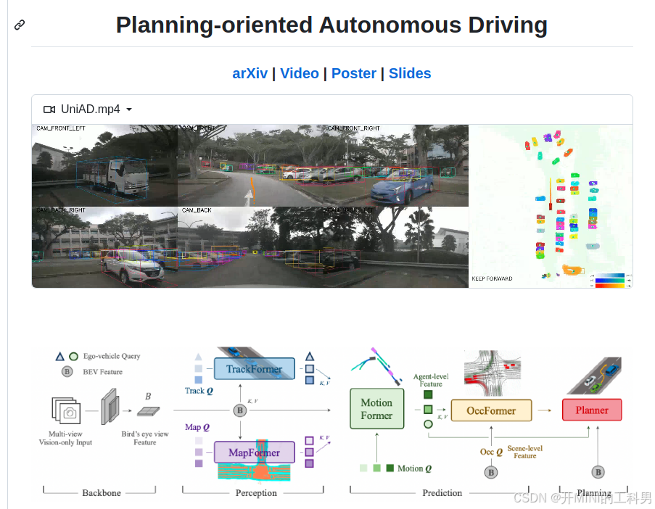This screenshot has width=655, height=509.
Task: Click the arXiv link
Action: [x=250, y=73]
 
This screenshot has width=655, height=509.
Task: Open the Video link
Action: [x=300, y=73]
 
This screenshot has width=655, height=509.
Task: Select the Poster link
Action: [x=353, y=73]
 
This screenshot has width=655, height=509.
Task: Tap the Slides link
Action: [x=410, y=73]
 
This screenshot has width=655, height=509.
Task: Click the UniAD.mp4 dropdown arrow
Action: [x=129, y=109]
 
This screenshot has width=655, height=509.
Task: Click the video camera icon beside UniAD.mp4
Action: [x=49, y=109]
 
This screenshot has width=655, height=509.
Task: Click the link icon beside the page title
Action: [x=20, y=25]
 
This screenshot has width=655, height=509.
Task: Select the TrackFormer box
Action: [x=254, y=369]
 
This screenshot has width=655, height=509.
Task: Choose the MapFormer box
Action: [x=254, y=452]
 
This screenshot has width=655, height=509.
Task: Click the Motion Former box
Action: [x=376, y=409]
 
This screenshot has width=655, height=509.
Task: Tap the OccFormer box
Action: [x=491, y=410]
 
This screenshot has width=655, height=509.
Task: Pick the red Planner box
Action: [x=592, y=410]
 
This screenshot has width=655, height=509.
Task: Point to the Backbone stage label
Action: [x=101, y=493]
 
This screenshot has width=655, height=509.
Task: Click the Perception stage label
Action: [x=256, y=493]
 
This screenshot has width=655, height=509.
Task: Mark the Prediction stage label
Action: [x=442, y=493]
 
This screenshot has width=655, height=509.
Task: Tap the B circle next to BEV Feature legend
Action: [x=67, y=372]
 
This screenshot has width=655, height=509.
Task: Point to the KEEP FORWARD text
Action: [x=492, y=278]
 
